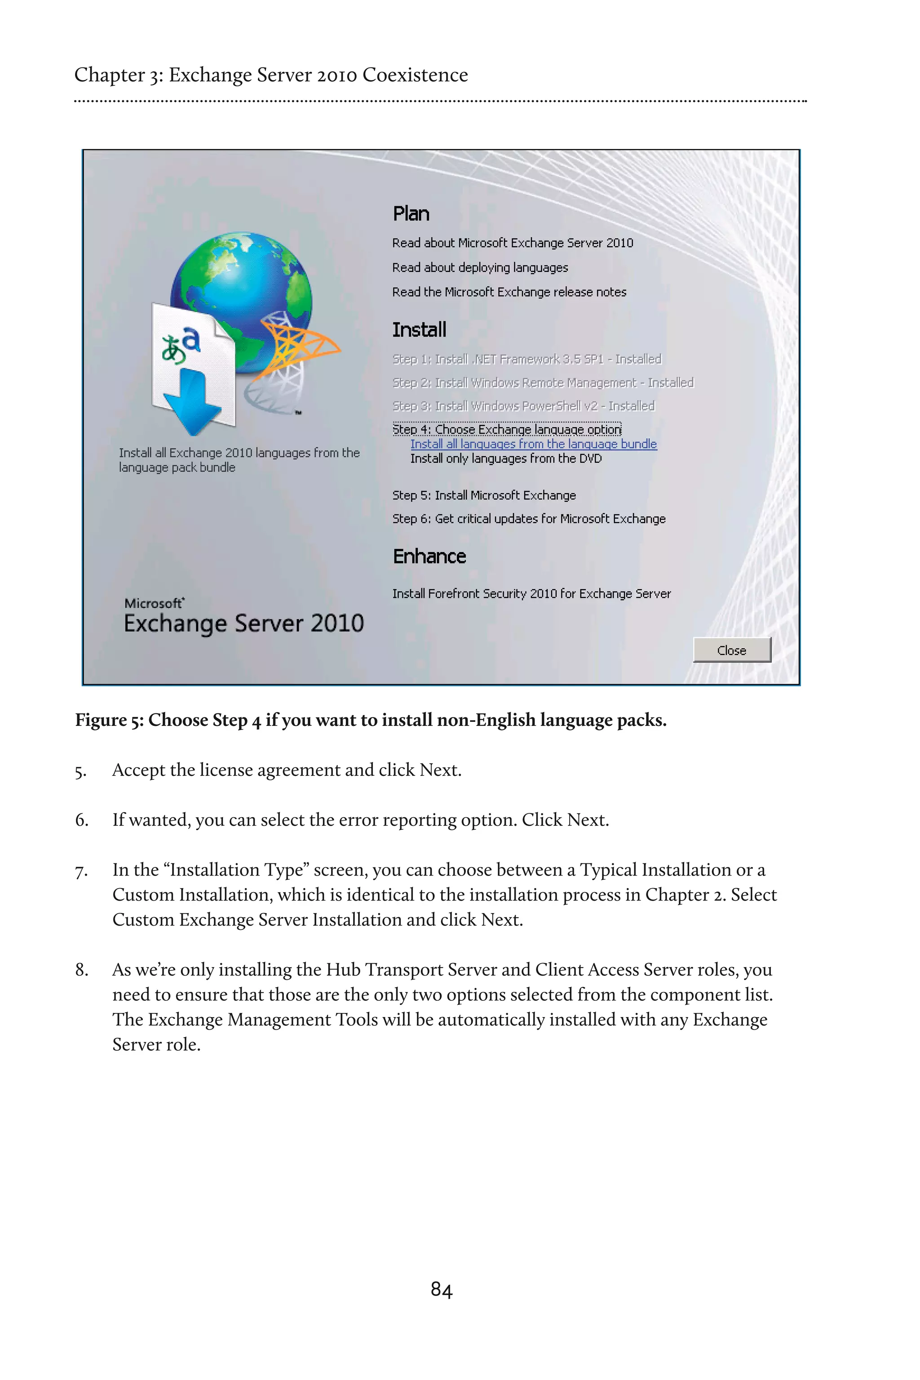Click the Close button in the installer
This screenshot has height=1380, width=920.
[x=732, y=650]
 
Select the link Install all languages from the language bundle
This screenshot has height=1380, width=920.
[x=533, y=444]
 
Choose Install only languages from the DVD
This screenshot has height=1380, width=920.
[x=506, y=459]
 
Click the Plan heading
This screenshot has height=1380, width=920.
[x=411, y=213]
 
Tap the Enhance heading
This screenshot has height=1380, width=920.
[x=429, y=556]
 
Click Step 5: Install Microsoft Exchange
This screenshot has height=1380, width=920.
[x=484, y=495]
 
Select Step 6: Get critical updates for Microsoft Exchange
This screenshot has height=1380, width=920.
[x=529, y=519]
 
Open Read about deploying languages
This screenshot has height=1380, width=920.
[x=480, y=268]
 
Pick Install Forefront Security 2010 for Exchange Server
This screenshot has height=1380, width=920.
[x=531, y=594]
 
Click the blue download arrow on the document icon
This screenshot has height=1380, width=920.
[x=188, y=402]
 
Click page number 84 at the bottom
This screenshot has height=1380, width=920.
[x=441, y=1290]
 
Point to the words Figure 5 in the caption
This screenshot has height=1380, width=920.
[x=109, y=720]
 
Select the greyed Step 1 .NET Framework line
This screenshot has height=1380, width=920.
[x=526, y=359]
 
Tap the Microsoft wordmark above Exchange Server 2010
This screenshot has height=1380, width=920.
[x=154, y=603]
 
